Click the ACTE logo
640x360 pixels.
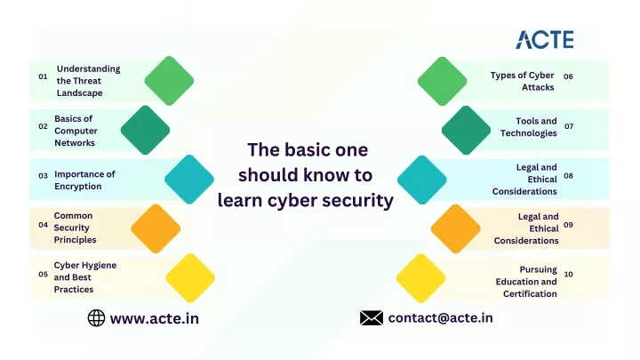[545, 40]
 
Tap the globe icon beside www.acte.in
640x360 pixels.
[96, 318]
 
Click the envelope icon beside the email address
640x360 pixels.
[372, 318]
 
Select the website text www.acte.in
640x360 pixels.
[155, 318]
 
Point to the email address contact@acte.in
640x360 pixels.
[440, 317]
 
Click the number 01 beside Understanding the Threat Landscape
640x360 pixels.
[43, 76]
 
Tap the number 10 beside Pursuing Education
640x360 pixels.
[568, 275]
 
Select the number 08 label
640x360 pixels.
[568, 176]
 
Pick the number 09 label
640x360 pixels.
[568, 225]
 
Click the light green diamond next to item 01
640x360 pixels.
[169, 81]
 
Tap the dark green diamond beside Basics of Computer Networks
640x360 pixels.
[145, 130]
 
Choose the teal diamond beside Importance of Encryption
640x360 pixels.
[189, 180]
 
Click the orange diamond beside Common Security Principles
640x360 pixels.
[156, 228]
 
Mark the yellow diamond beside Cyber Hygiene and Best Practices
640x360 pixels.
[190, 277]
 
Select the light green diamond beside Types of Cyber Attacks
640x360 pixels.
[442, 81]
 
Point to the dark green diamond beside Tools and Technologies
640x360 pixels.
[466, 130]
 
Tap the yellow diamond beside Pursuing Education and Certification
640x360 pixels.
[420, 278]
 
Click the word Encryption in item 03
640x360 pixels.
[78, 187]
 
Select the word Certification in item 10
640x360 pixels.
[530, 294]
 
